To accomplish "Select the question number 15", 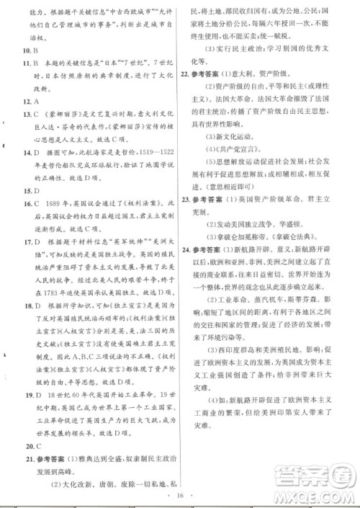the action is tap(27, 192).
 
